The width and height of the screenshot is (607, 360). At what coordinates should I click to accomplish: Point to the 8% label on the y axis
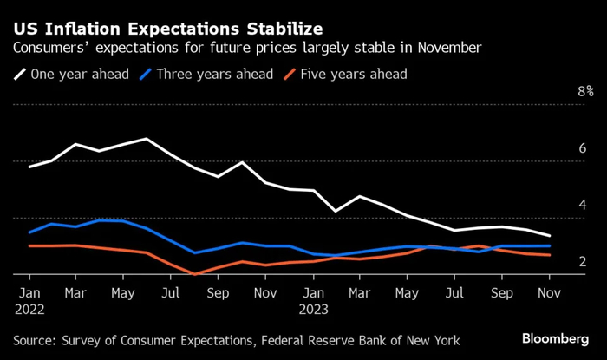point(585,91)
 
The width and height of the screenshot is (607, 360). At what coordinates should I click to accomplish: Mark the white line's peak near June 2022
point(147,139)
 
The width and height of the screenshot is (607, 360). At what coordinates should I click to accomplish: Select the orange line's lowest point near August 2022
point(195,275)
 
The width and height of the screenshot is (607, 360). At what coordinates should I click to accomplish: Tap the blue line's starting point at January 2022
point(29,232)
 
